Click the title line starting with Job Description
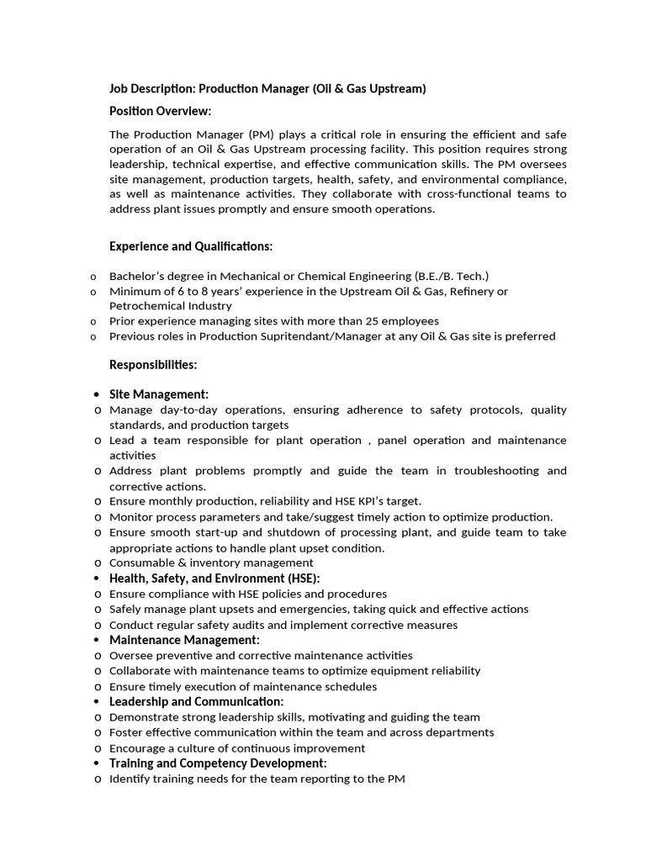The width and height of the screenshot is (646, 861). coord(267,88)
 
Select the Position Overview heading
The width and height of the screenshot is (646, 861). coord(161,111)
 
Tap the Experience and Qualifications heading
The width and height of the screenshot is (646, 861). coord(191,246)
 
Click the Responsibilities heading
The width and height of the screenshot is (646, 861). coord(153,364)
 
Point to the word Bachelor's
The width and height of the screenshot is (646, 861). coord(137,276)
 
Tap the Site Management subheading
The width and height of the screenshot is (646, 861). coord(159,394)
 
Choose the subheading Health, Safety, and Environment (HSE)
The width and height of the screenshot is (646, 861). coord(214,578)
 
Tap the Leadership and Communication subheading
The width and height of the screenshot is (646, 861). coord(197,701)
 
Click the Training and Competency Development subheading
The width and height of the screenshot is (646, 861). coord(218,763)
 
